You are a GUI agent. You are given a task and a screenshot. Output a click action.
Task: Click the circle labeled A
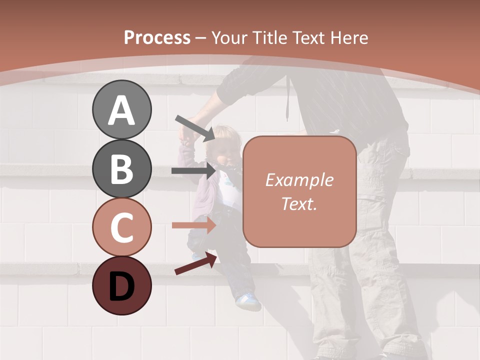(x=121, y=109)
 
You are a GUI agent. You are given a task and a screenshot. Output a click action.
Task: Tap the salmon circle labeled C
(x=121, y=227)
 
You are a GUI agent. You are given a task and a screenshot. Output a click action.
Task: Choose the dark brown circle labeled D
(x=121, y=285)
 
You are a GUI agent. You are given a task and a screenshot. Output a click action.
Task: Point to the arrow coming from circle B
(x=193, y=171)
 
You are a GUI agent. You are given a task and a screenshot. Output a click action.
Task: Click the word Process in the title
(x=157, y=37)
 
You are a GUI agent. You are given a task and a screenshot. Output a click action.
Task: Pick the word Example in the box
(x=299, y=180)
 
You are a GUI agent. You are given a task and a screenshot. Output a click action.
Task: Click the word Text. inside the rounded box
(x=299, y=204)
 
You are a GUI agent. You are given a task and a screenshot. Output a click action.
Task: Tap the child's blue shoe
(x=247, y=301)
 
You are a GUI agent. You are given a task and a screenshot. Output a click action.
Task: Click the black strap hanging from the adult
(x=288, y=100)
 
